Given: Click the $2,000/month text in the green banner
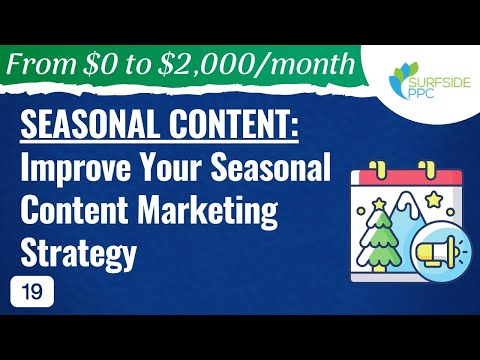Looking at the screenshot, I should click(x=272, y=66).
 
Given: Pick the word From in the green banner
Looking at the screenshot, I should click(x=46, y=66).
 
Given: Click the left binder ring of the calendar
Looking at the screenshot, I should click(x=376, y=166).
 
